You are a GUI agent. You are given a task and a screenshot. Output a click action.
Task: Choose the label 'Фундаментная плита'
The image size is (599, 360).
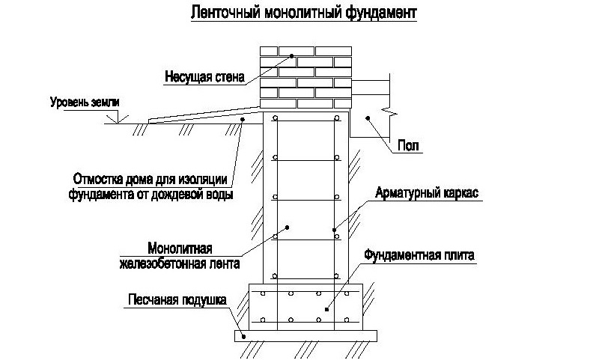(x=419, y=255)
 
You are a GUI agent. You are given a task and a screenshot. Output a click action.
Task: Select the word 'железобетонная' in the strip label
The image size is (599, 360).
(x=161, y=262)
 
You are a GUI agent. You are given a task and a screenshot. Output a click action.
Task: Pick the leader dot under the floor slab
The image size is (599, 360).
(x=367, y=118)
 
